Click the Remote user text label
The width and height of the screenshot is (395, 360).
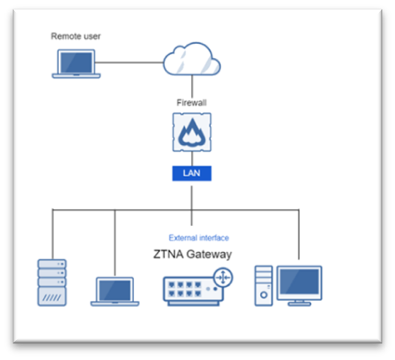pos(76,36)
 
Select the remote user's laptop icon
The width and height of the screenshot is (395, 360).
pos(76,64)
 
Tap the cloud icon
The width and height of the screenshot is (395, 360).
pos(192,59)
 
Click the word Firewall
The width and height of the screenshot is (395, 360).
pos(191,103)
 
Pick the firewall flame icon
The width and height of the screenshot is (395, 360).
pos(192,132)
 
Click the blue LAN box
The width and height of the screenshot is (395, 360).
pos(192,174)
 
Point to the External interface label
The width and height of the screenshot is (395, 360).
pos(199,238)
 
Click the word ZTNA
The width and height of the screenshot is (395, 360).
pos(168,254)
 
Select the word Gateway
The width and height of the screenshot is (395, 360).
pos(209,255)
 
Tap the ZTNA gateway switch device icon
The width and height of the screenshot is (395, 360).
pos(194,291)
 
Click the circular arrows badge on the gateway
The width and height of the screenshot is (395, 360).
pos(223,277)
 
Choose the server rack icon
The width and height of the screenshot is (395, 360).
pos(52,282)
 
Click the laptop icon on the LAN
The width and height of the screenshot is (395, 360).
pos(115,292)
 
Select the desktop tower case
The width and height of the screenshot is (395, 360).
pos(264,286)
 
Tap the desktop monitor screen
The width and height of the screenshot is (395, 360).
pos(299,282)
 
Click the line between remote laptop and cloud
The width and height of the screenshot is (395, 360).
pos(129,62)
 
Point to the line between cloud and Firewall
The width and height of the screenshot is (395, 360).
pos(192,86)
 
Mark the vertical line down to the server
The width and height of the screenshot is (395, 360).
pos(52,234)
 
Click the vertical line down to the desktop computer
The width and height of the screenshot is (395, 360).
pos(299,234)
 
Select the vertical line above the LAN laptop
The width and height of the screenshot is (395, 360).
pos(115,243)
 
